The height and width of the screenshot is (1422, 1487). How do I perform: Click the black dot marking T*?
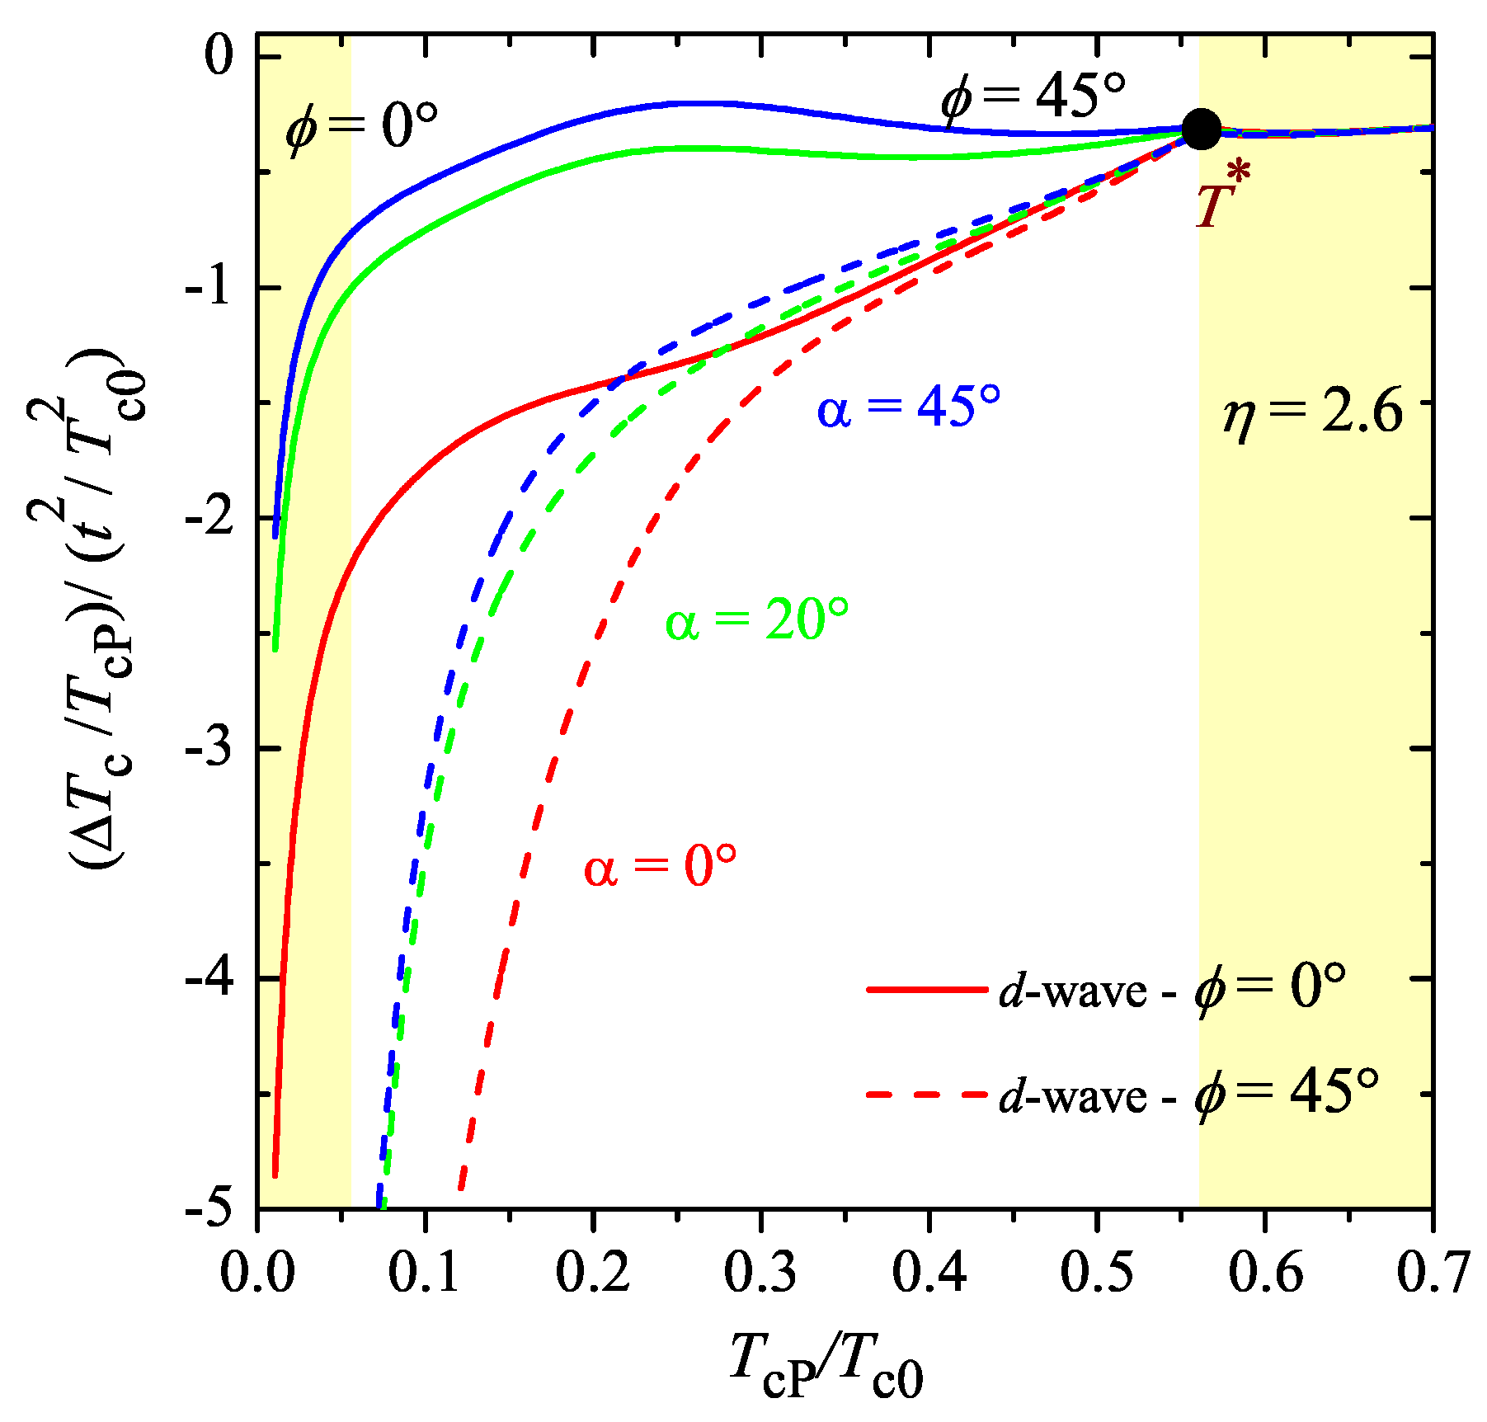(x=1201, y=129)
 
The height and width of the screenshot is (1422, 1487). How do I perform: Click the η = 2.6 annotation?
(x=1312, y=412)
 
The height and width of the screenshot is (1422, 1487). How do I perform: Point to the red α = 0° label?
(x=660, y=867)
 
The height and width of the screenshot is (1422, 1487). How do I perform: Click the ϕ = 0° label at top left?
(x=360, y=125)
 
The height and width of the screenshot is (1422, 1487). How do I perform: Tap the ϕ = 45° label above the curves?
(x=1033, y=96)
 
